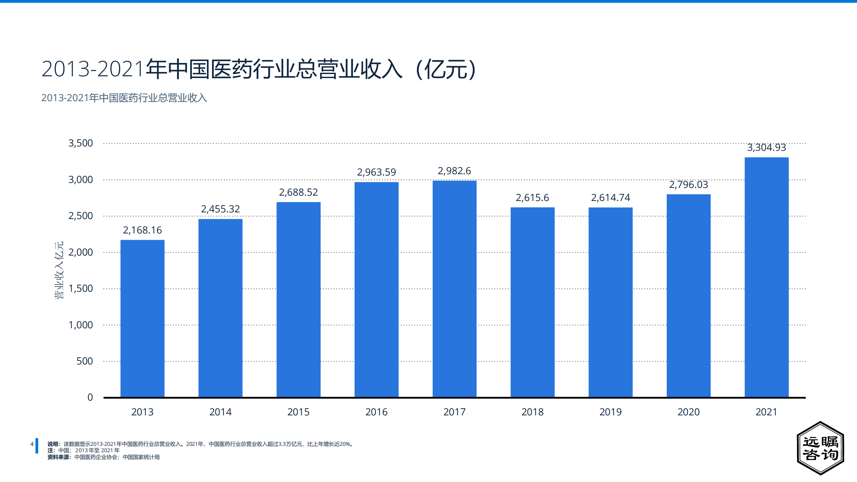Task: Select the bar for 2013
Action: [x=142, y=318]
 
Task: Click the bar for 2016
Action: [x=376, y=290]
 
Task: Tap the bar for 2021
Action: [x=766, y=277]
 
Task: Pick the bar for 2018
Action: [x=532, y=302]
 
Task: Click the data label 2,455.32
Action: [x=220, y=209]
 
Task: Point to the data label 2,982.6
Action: [x=454, y=171]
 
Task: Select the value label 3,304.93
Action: [x=766, y=147]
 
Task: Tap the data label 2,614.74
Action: [x=610, y=198]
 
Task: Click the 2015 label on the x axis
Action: [x=298, y=412]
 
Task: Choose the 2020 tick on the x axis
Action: [x=689, y=412]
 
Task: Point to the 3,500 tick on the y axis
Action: [x=80, y=143]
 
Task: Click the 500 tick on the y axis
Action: [x=84, y=361]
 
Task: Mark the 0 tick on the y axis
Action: [x=90, y=397]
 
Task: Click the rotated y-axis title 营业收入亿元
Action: [x=59, y=270]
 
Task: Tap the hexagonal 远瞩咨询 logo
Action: [x=820, y=448]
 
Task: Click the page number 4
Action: [x=32, y=444]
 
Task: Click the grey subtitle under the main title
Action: [x=124, y=98]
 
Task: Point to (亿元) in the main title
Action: [x=445, y=69]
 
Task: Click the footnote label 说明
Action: [x=53, y=444]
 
